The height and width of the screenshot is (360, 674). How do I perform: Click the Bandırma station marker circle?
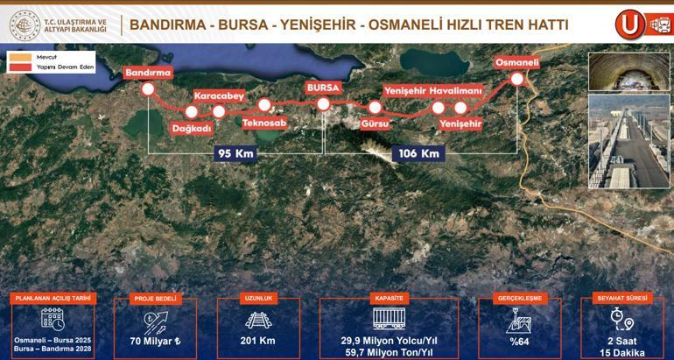pyautogui.click(x=148, y=89)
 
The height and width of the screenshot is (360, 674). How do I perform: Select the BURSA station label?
pyautogui.click(x=322, y=88)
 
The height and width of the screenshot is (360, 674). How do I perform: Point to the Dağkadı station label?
pyautogui.click(x=192, y=128)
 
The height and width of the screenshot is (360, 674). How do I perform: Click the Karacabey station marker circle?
pyautogui.click(x=219, y=110)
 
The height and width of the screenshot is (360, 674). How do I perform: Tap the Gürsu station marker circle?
pyautogui.click(x=375, y=108)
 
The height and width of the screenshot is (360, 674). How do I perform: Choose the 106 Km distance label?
pyautogui.click(x=418, y=153)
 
